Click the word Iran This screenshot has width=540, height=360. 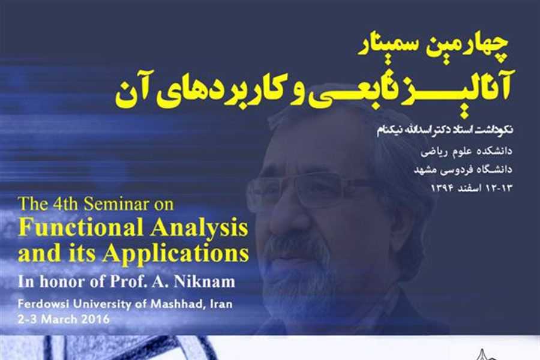220,304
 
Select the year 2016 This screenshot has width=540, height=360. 95,319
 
